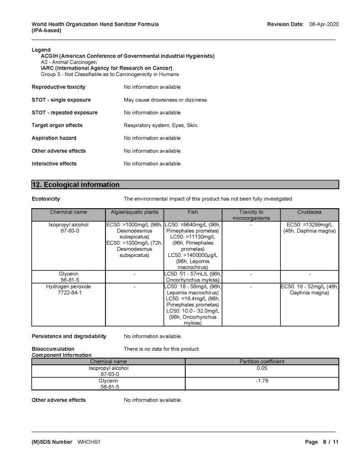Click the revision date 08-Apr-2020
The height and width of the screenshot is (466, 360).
coord(324,24)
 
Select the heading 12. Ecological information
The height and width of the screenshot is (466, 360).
coord(76,185)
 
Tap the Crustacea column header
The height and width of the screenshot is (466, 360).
coord(309,212)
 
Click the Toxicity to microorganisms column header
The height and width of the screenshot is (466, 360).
coord(251,215)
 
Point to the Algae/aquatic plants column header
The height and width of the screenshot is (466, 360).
coord(135,212)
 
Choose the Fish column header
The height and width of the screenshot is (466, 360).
coord(193,212)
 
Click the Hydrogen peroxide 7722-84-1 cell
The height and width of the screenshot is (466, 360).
coord(68,290)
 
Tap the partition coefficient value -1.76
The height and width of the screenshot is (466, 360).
coord(262,381)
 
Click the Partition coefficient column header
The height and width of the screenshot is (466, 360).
coord(262,361)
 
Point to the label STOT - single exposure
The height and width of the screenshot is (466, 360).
coord(61,100)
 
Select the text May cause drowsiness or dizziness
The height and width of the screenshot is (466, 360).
coord(166,100)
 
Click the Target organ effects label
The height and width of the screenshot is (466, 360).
coord(57,125)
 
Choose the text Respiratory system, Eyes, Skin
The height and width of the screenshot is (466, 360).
coord(161,125)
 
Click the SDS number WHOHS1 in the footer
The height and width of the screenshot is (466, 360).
coord(89,442)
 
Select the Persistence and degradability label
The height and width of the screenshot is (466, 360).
coord(69,337)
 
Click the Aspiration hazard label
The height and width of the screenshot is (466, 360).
coord(54,138)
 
